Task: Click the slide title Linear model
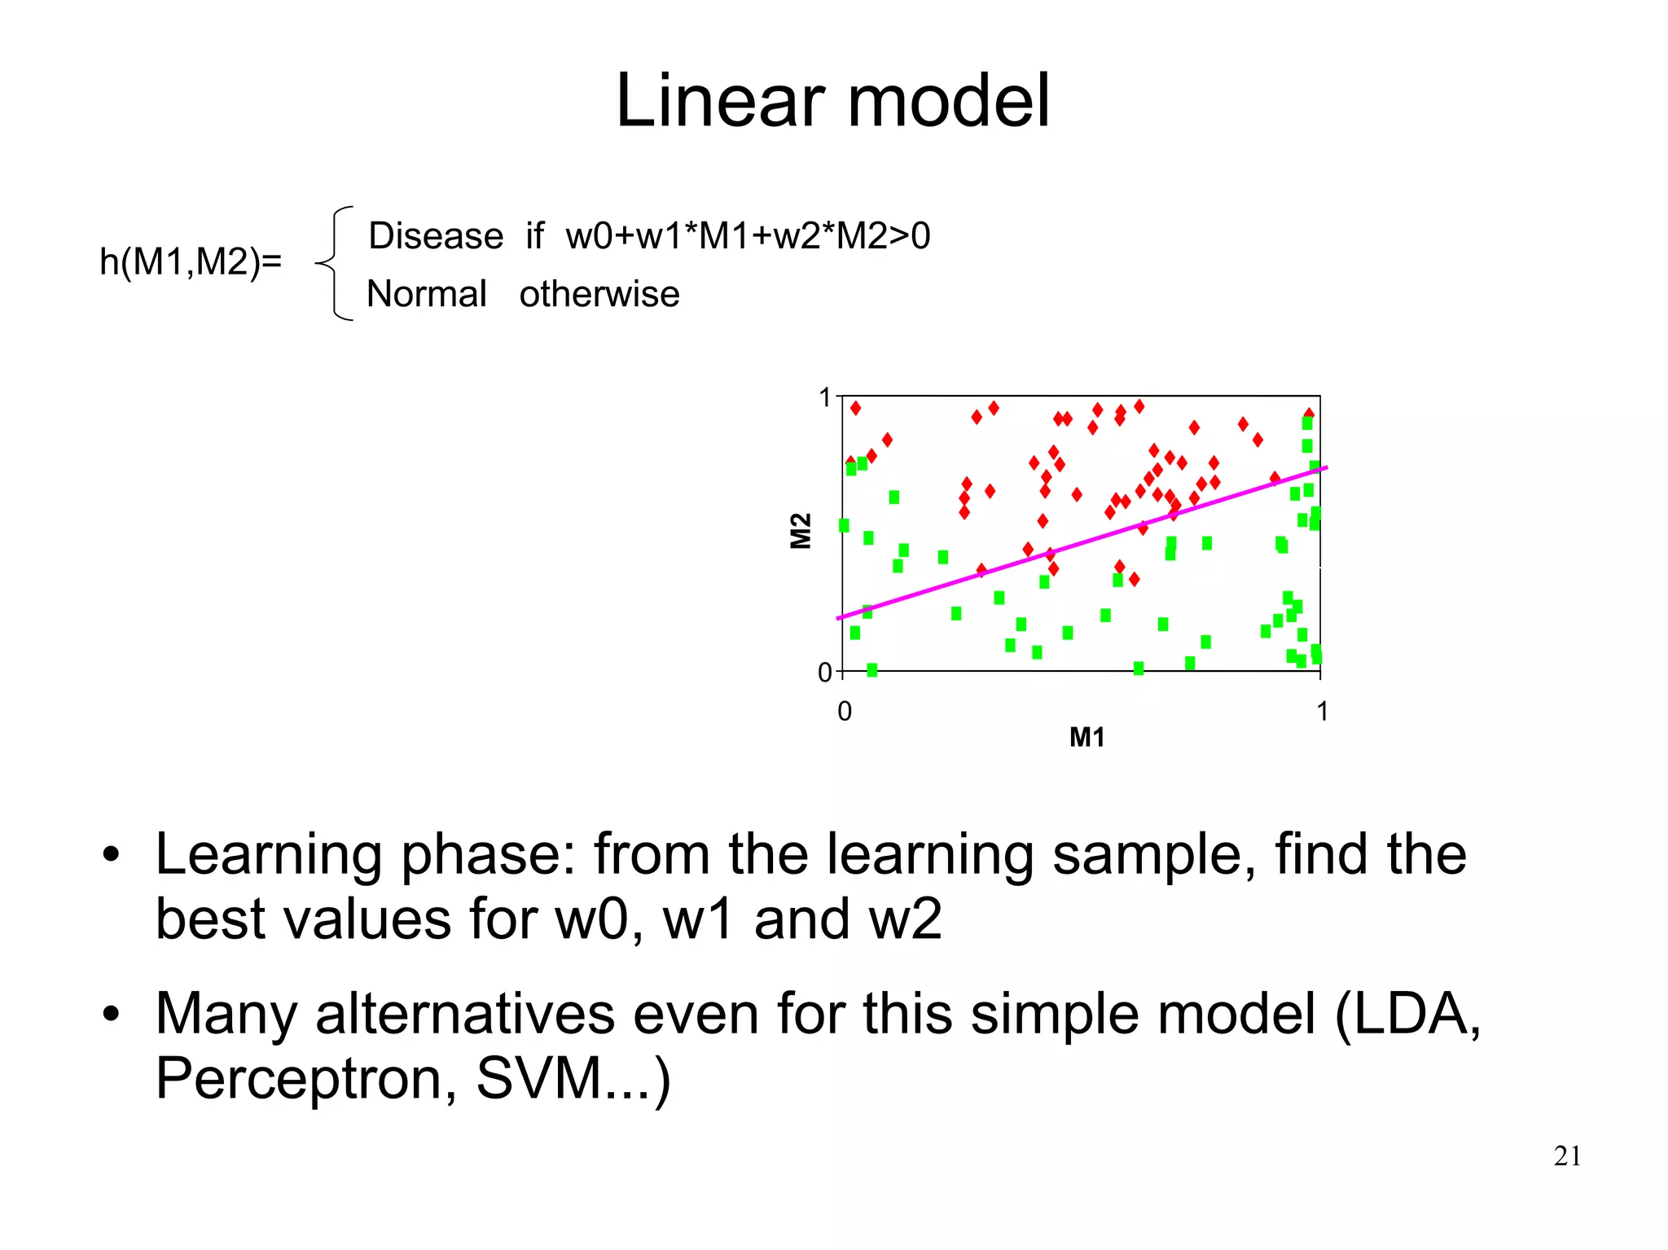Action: [x=832, y=101]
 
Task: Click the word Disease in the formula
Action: [x=436, y=236]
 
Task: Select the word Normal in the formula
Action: [x=427, y=294]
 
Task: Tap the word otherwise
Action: [x=599, y=294]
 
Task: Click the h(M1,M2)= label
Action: [x=191, y=262]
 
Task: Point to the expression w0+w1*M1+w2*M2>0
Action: [x=748, y=236]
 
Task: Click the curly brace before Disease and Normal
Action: [x=336, y=263]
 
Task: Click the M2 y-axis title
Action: [x=801, y=531]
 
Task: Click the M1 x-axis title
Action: [x=1086, y=738]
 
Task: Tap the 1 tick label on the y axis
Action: [x=825, y=398]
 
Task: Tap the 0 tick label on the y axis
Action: [x=825, y=673]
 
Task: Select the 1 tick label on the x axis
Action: [x=1322, y=712]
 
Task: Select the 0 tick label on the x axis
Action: [x=845, y=712]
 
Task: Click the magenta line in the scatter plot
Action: [x=1083, y=542]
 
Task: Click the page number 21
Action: [x=1567, y=1156]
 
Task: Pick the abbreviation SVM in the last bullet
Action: [x=538, y=1078]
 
